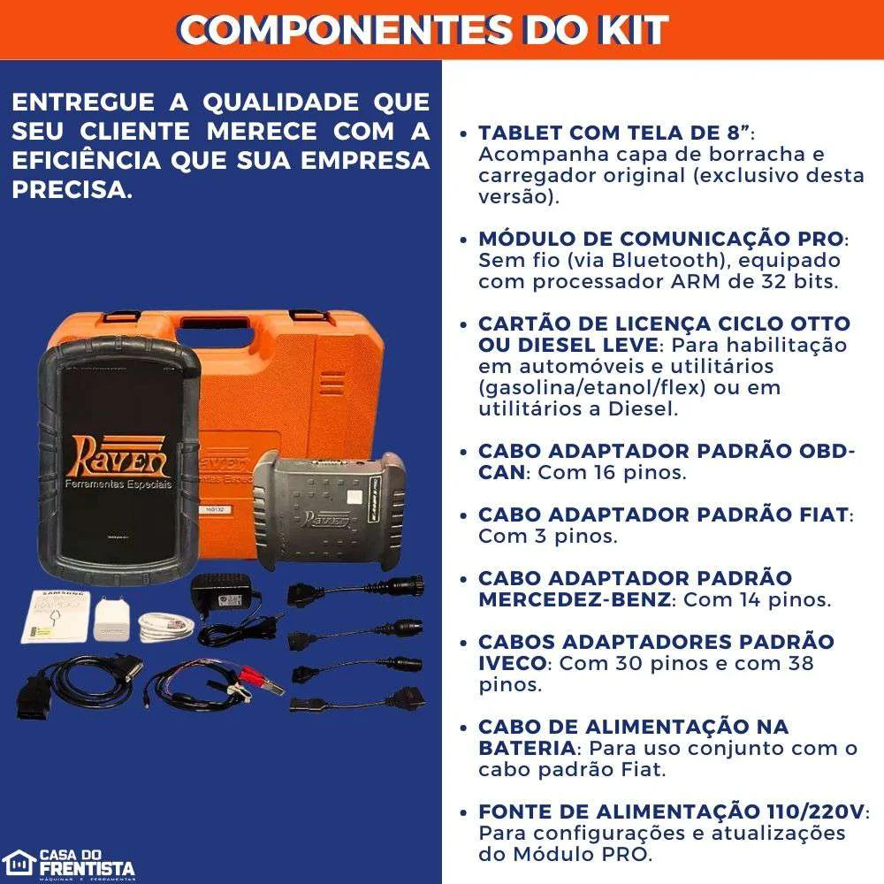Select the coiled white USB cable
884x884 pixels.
click(x=165, y=627)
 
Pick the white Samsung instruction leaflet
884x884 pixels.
click(x=54, y=614)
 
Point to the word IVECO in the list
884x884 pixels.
click(x=513, y=663)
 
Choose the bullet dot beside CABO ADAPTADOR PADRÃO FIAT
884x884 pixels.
click(x=465, y=515)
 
